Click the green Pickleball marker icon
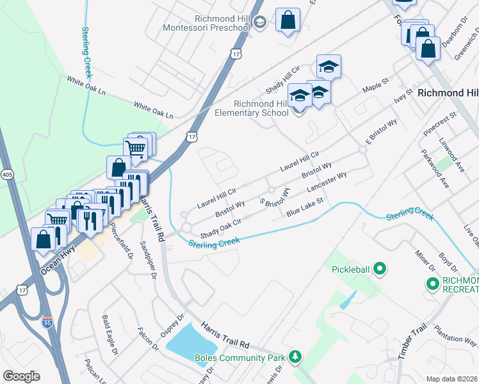coord(379,269)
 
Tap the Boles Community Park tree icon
coord(295,356)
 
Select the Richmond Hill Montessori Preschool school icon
coord(259,24)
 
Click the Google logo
coord(21,376)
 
